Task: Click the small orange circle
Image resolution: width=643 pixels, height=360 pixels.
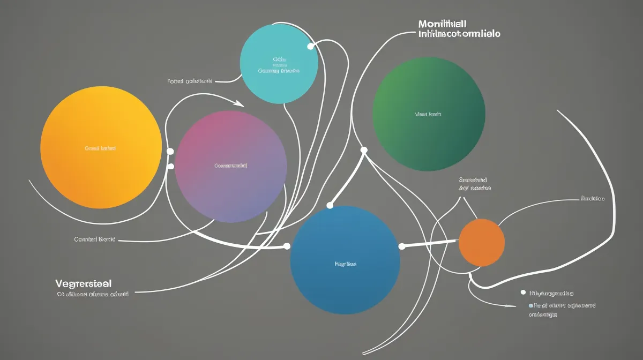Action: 482,243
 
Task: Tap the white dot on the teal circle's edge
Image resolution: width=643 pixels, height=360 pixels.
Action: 310,47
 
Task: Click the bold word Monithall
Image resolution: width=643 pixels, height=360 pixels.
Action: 442,24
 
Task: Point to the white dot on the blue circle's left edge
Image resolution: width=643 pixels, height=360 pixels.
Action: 287,246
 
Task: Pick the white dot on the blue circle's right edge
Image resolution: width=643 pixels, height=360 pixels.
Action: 402,246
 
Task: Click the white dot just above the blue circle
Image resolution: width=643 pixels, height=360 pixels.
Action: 330,205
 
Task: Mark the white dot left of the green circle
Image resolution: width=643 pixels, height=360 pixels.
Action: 364,150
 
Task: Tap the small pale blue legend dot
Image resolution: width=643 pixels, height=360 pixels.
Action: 530,305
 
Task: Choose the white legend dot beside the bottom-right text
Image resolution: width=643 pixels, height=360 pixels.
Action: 523,293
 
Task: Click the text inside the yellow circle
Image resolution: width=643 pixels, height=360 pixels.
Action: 100,148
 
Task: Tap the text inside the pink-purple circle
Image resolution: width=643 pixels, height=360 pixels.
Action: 231,166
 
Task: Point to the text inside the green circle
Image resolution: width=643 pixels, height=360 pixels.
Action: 428,114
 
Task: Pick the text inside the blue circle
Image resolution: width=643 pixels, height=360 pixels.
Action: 346,264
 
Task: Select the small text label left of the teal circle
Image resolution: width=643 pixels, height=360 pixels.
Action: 190,81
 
